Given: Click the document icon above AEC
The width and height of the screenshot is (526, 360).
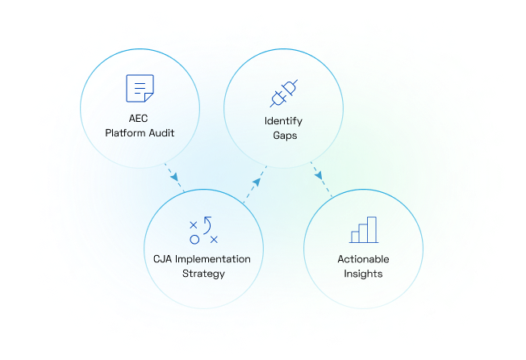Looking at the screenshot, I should (x=140, y=87).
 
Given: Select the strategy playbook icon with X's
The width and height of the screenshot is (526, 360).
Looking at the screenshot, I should (x=202, y=230).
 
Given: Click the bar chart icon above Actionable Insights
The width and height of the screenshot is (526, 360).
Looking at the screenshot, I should (x=363, y=229).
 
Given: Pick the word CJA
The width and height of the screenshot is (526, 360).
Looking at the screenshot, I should (x=164, y=259).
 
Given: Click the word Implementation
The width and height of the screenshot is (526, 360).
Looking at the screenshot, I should (x=213, y=259).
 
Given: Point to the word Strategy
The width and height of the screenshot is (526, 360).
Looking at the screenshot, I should (x=202, y=274).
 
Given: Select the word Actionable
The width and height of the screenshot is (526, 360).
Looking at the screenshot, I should (x=363, y=259).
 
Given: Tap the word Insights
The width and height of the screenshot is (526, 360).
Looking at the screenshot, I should (x=363, y=274).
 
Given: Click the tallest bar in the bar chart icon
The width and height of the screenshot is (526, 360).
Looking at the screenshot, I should (x=371, y=228).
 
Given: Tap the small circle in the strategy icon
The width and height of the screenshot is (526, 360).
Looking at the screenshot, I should (x=194, y=239).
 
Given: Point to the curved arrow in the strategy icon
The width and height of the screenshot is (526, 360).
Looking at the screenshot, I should (x=208, y=222).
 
